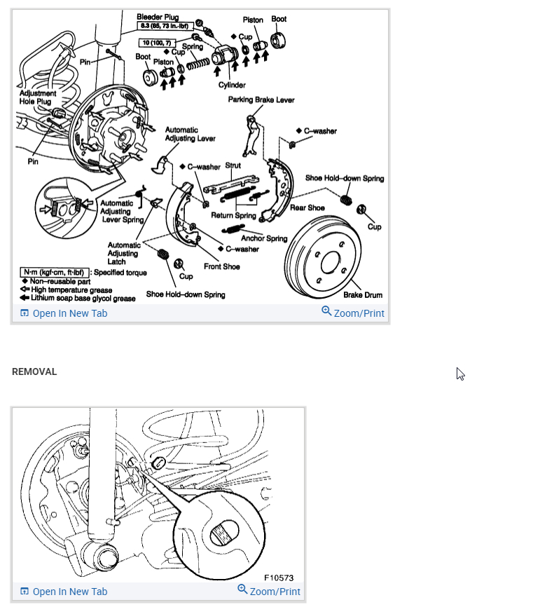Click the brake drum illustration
click(x=328, y=260)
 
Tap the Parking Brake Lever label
click(x=261, y=100)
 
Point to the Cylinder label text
click(x=232, y=85)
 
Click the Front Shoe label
click(x=221, y=266)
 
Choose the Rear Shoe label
click(x=307, y=207)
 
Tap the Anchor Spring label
click(x=264, y=238)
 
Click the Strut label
click(x=233, y=167)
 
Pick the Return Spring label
click(x=234, y=216)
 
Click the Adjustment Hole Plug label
click(x=36, y=97)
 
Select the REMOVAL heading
click(x=34, y=371)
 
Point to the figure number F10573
click(x=279, y=578)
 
